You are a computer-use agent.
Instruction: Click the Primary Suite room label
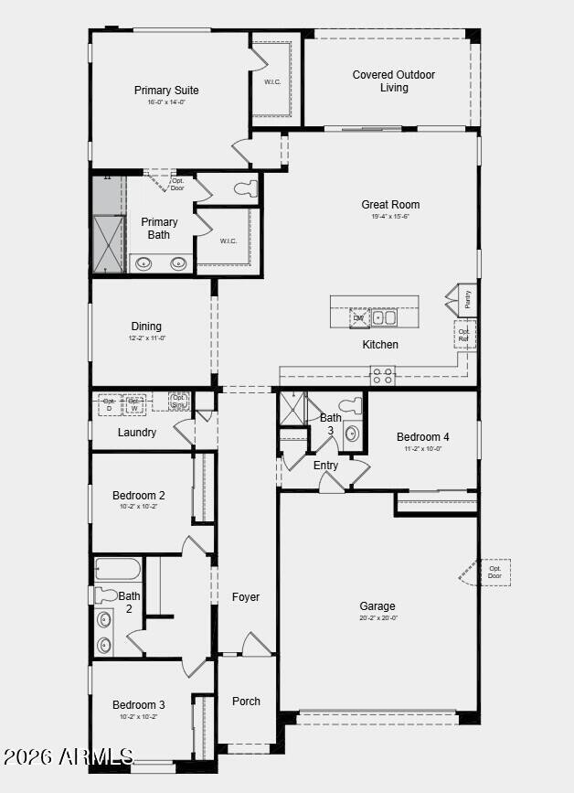166,90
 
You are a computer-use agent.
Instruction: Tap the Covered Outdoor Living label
394,81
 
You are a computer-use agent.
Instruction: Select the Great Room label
390,204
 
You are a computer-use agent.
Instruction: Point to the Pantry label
467,297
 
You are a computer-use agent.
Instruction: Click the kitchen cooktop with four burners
382,374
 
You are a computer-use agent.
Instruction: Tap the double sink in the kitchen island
384,318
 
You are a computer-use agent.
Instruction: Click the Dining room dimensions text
146,338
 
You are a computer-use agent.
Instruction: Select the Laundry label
137,433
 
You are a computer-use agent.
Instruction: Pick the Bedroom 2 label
139,496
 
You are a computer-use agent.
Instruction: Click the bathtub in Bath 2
118,570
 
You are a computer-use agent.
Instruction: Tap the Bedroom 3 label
139,704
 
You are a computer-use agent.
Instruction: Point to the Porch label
246,702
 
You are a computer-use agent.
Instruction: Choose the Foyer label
246,596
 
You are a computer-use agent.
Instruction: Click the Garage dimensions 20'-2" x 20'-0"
377,618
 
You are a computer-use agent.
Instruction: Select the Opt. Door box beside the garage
494,572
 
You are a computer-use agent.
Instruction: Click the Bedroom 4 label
423,436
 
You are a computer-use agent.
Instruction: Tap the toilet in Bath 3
351,405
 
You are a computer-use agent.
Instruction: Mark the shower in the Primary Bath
108,243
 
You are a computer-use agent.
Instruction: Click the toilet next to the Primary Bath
244,189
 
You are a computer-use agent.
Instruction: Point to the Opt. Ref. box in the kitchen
464,335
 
